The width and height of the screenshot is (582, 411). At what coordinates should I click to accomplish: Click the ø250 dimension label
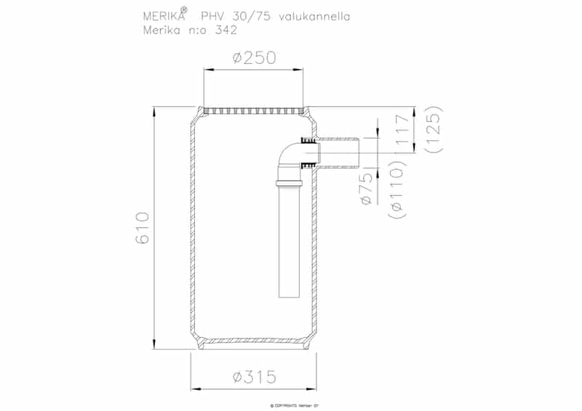[254, 59]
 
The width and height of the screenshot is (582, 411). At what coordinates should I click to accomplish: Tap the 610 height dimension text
[142, 228]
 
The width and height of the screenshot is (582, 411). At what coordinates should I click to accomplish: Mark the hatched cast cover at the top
[254, 110]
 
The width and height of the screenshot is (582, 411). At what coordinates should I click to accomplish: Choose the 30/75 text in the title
[248, 17]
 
